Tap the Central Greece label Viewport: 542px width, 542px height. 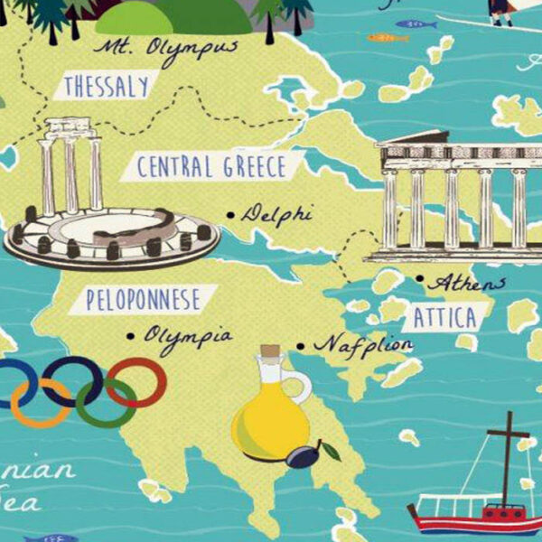click(210, 167)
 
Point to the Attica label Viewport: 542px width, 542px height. click(445, 318)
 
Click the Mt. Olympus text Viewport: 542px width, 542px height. click(166, 47)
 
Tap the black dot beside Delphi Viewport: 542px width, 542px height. click(230, 215)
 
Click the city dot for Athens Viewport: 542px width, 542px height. click(419, 280)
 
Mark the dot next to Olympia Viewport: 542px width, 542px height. click(131, 336)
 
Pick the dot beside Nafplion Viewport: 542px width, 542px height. click(301, 345)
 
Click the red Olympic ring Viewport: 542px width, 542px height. click(137, 381)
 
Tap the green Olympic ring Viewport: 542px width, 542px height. click(106, 403)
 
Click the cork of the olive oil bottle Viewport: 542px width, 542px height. click(267, 351)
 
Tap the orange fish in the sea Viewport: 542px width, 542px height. click(387, 38)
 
